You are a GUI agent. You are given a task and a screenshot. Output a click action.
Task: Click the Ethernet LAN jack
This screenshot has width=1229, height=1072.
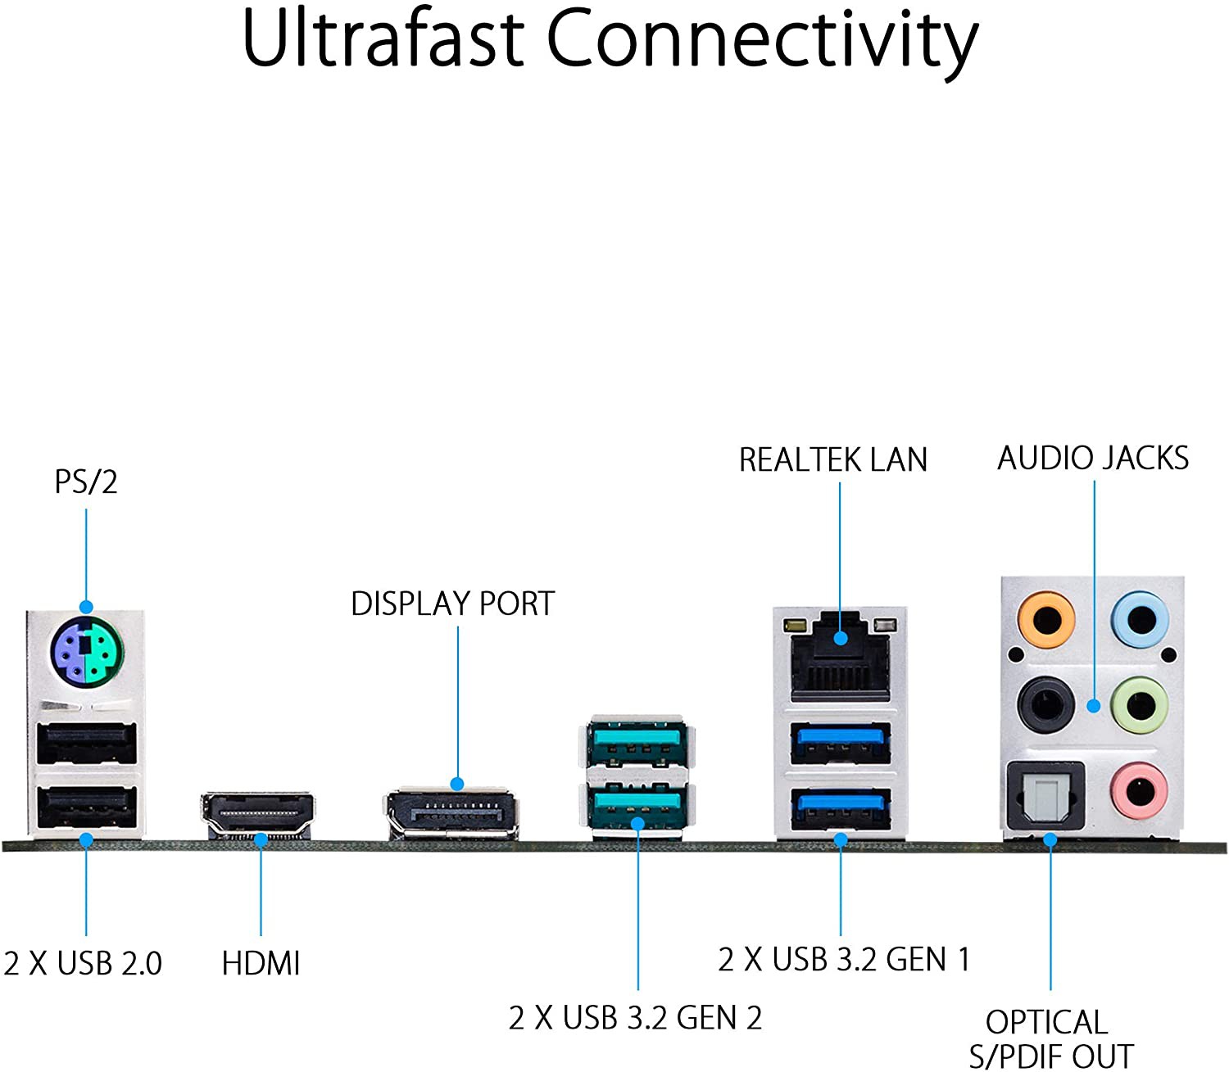(840, 658)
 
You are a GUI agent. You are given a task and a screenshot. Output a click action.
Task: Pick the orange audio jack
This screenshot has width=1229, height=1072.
(1045, 619)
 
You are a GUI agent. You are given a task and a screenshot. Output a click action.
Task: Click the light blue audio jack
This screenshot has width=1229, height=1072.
(1140, 619)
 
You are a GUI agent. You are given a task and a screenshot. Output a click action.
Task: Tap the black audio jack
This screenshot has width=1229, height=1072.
(1045, 704)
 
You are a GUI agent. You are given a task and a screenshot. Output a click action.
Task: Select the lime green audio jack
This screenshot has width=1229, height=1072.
(1140, 704)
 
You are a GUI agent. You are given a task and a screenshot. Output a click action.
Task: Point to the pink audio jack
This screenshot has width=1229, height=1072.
(1140, 791)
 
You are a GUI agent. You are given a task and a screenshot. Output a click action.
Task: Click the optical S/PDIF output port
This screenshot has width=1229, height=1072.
(1045, 796)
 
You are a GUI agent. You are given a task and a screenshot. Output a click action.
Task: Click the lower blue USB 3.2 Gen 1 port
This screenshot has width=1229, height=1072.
(841, 810)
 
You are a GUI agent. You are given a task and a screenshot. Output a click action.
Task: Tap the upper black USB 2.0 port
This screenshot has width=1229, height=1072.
(87, 744)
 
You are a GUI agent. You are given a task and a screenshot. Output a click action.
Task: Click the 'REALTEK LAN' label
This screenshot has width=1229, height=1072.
(833, 459)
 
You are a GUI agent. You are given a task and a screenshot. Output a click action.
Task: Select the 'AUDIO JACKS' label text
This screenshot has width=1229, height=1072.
(1093, 458)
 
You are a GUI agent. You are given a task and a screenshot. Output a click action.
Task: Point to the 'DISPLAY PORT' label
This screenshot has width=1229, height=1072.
(453, 604)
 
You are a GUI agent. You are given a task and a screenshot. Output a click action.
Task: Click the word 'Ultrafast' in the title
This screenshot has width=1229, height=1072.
(384, 38)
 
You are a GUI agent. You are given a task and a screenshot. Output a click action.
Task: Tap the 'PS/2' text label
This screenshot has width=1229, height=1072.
(86, 482)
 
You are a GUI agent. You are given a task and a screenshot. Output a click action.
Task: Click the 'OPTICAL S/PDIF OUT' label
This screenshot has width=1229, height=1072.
(1051, 1039)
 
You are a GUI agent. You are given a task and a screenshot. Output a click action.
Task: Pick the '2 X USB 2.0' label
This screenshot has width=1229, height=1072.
(83, 963)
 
